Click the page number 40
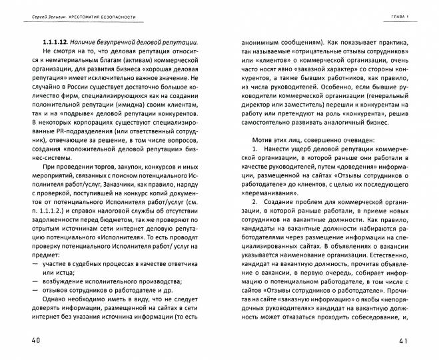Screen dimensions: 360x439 pos(30,341)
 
